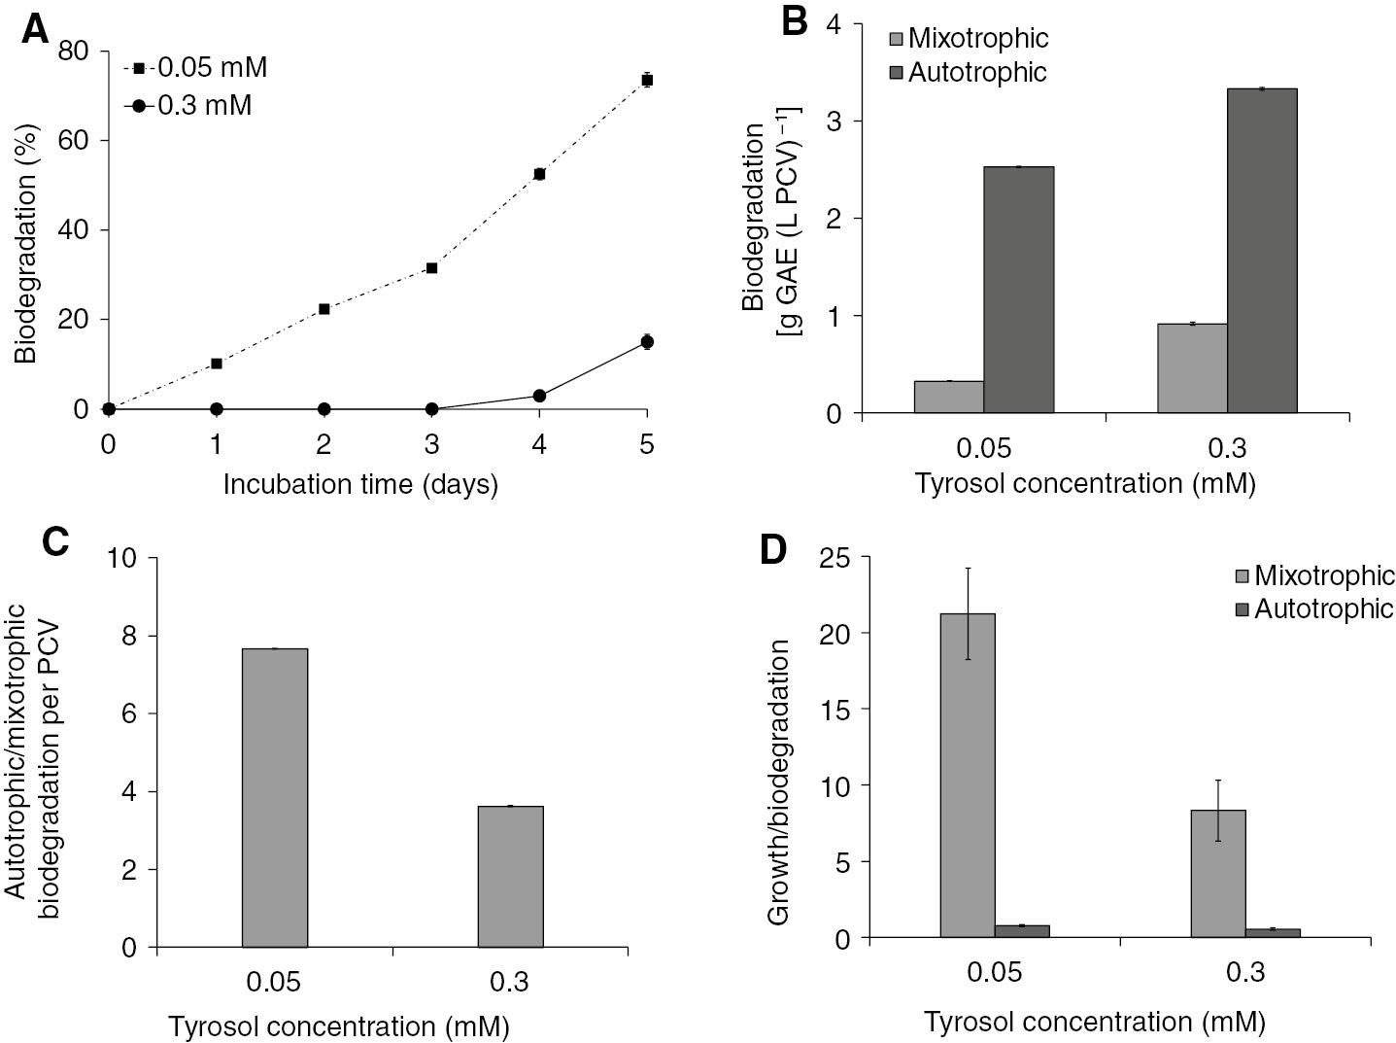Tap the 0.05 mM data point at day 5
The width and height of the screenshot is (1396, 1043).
point(647,80)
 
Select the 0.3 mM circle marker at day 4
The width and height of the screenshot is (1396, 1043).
point(539,396)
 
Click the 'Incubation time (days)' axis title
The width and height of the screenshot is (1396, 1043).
point(360,484)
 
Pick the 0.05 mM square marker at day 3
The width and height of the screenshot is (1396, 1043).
point(431,267)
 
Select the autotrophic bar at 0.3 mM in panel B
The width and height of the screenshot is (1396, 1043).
point(1263,251)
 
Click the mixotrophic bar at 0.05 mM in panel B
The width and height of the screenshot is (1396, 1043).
point(949,397)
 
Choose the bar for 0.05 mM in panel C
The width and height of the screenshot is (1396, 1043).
point(275,797)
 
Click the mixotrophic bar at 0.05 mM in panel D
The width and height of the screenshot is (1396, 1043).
point(968,775)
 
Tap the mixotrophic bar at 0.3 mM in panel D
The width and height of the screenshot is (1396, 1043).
point(1218,873)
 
